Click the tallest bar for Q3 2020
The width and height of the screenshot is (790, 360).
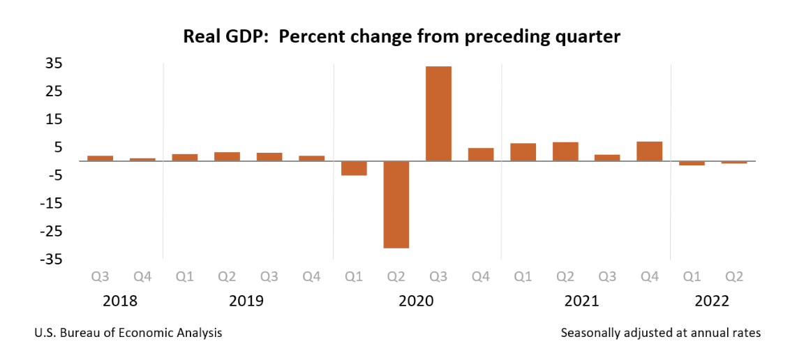tap(438, 114)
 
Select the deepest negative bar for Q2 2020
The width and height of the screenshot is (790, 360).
tap(396, 204)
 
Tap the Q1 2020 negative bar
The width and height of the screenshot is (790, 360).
tap(354, 168)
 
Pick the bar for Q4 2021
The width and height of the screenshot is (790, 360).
tap(649, 151)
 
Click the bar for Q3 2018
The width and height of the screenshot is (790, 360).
tap(100, 158)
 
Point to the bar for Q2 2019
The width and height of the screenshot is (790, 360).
tap(227, 156)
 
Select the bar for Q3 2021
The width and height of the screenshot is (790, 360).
tap(607, 158)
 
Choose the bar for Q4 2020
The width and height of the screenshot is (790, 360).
tap(481, 154)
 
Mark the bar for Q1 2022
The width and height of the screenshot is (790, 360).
tap(692, 163)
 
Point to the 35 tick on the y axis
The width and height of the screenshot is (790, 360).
tap(54, 63)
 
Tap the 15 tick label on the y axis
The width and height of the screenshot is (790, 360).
tap(54, 119)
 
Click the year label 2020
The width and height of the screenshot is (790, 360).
tap(416, 301)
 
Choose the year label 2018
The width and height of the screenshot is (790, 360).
tap(121, 301)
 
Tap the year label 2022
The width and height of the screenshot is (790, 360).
tap(712, 301)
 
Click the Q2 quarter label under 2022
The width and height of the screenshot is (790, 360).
tap(733, 277)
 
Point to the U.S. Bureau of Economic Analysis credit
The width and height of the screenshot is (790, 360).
tap(128, 333)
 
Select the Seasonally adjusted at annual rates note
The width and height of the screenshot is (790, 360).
tap(660, 333)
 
